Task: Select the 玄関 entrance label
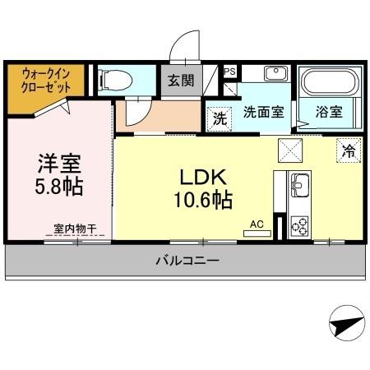tap(181, 81)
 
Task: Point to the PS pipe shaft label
tap(230, 72)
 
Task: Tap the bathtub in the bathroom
tap(328, 82)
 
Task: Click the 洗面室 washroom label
tap(263, 113)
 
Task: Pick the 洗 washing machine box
tap(220, 118)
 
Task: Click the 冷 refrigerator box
tap(349, 150)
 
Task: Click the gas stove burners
tap(298, 225)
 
